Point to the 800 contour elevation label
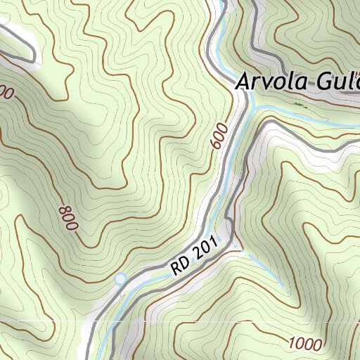69,218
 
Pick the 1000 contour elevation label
304,344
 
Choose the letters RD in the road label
179,265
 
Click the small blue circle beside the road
120,278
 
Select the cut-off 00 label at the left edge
6,92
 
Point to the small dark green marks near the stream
299,104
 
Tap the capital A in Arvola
242,82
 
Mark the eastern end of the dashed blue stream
287,290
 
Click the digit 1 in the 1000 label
292,342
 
